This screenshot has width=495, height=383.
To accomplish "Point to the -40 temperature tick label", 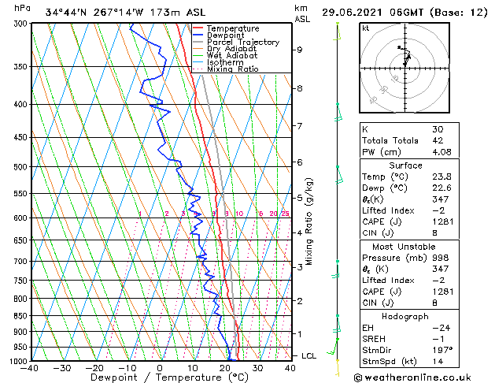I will pyautogui.click(x=31, y=367).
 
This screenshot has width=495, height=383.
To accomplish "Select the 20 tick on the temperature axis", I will pyautogui.click(x=224, y=367).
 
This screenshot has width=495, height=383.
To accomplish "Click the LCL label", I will pyautogui.click(x=309, y=356).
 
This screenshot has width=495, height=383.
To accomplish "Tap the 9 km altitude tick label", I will pyautogui.click(x=299, y=50).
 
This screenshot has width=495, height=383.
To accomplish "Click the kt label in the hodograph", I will pyautogui.click(x=365, y=28).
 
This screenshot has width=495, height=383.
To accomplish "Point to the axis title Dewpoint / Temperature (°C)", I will pyautogui.click(x=159, y=377).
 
